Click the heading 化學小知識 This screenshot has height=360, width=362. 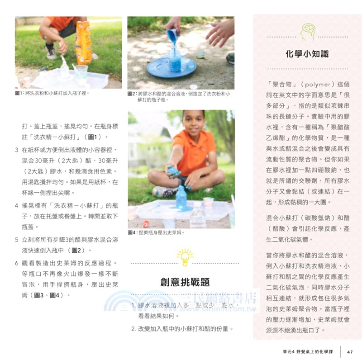[307, 54]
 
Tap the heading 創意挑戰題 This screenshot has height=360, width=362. [185, 282]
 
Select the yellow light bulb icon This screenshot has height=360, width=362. [185, 256]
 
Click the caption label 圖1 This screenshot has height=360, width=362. [19, 93]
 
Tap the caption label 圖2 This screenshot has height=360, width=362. [132, 94]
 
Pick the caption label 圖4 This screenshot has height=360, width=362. [132, 232]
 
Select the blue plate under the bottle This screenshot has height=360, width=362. [171, 67]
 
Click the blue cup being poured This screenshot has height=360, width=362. [172, 35]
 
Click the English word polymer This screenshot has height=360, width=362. [317, 84]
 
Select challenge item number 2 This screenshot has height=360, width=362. [134, 328]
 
